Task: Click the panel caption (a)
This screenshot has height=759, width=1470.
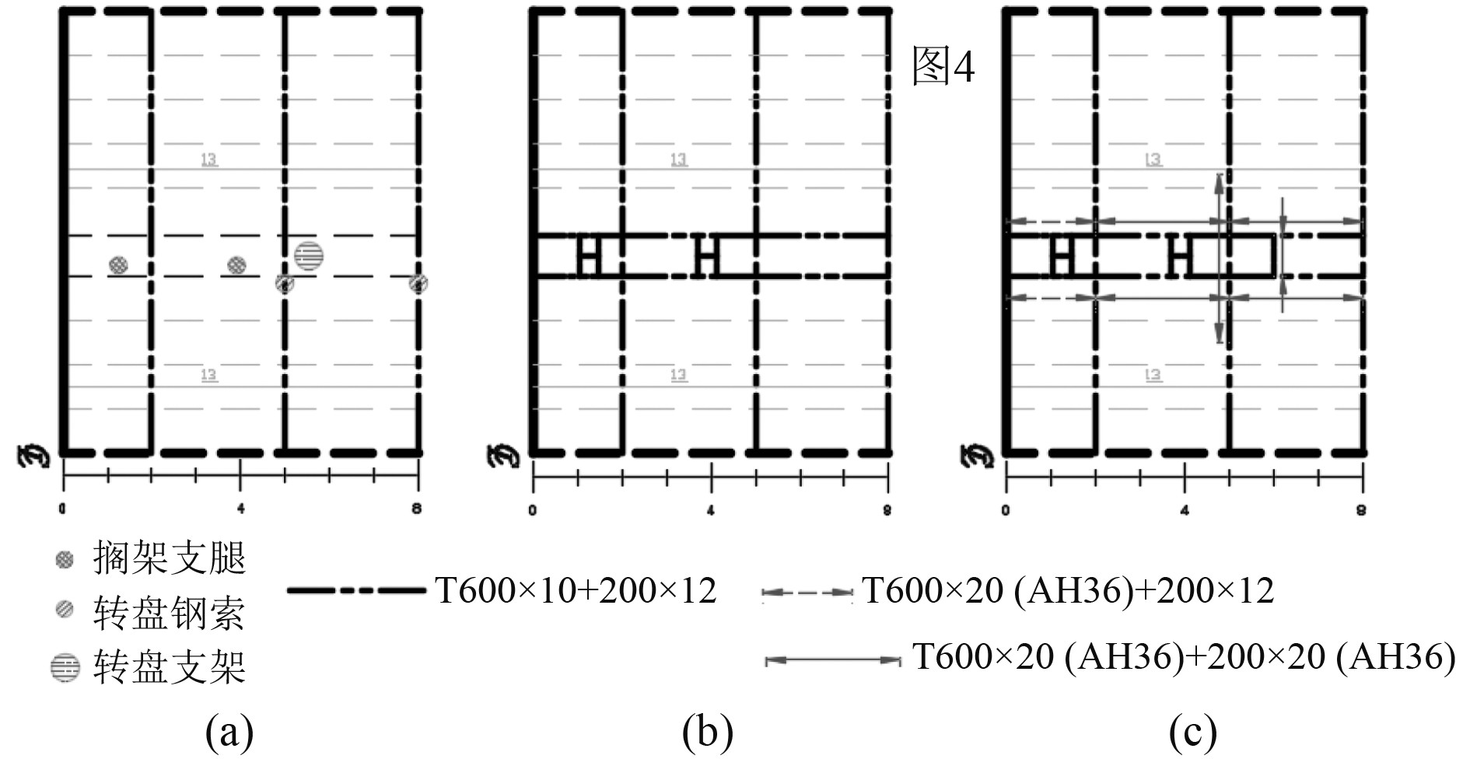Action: point(229,732)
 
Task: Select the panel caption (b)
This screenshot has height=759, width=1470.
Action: point(707,732)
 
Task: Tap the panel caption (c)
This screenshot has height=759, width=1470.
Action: point(1192,732)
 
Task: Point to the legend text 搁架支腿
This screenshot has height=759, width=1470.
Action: point(169,558)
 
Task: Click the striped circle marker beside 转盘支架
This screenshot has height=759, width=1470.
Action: point(65,667)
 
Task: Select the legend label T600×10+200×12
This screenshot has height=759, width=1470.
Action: point(576,591)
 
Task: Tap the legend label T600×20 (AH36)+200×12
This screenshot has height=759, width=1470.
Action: point(1068,591)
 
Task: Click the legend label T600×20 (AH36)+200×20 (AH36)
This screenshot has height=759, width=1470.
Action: point(1183,657)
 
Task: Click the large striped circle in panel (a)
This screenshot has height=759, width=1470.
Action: point(309,254)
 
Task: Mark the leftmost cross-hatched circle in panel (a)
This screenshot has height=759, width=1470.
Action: point(118,265)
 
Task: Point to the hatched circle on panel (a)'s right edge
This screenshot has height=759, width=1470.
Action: point(418,284)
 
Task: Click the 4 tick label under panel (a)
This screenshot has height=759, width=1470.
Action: point(240,509)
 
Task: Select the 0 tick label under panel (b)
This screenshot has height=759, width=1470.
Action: point(532,511)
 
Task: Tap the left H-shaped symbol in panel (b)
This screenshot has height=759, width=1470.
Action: point(589,256)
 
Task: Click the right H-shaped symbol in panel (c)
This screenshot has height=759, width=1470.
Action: point(1181,256)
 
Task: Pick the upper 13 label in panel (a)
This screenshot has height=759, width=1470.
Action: point(209,159)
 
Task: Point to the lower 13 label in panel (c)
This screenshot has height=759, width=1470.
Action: point(1153,375)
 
